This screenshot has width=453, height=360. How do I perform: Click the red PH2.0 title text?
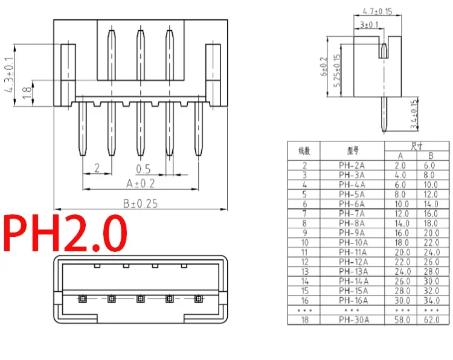(65, 233)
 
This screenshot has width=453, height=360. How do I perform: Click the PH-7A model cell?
(352, 214)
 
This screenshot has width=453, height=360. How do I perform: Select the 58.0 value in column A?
(402, 320)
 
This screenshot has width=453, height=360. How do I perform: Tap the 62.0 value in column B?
(432, 320)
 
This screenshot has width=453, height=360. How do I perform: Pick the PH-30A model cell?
(354, 320)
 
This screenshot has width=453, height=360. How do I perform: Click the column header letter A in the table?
(400, 156)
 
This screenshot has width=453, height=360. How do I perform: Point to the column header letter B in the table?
(431, 156)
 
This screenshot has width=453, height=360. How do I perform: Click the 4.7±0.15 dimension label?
(377, 11)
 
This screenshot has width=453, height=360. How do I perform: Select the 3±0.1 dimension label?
(369, 25)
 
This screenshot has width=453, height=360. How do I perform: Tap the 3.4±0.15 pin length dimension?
(414, 114)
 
